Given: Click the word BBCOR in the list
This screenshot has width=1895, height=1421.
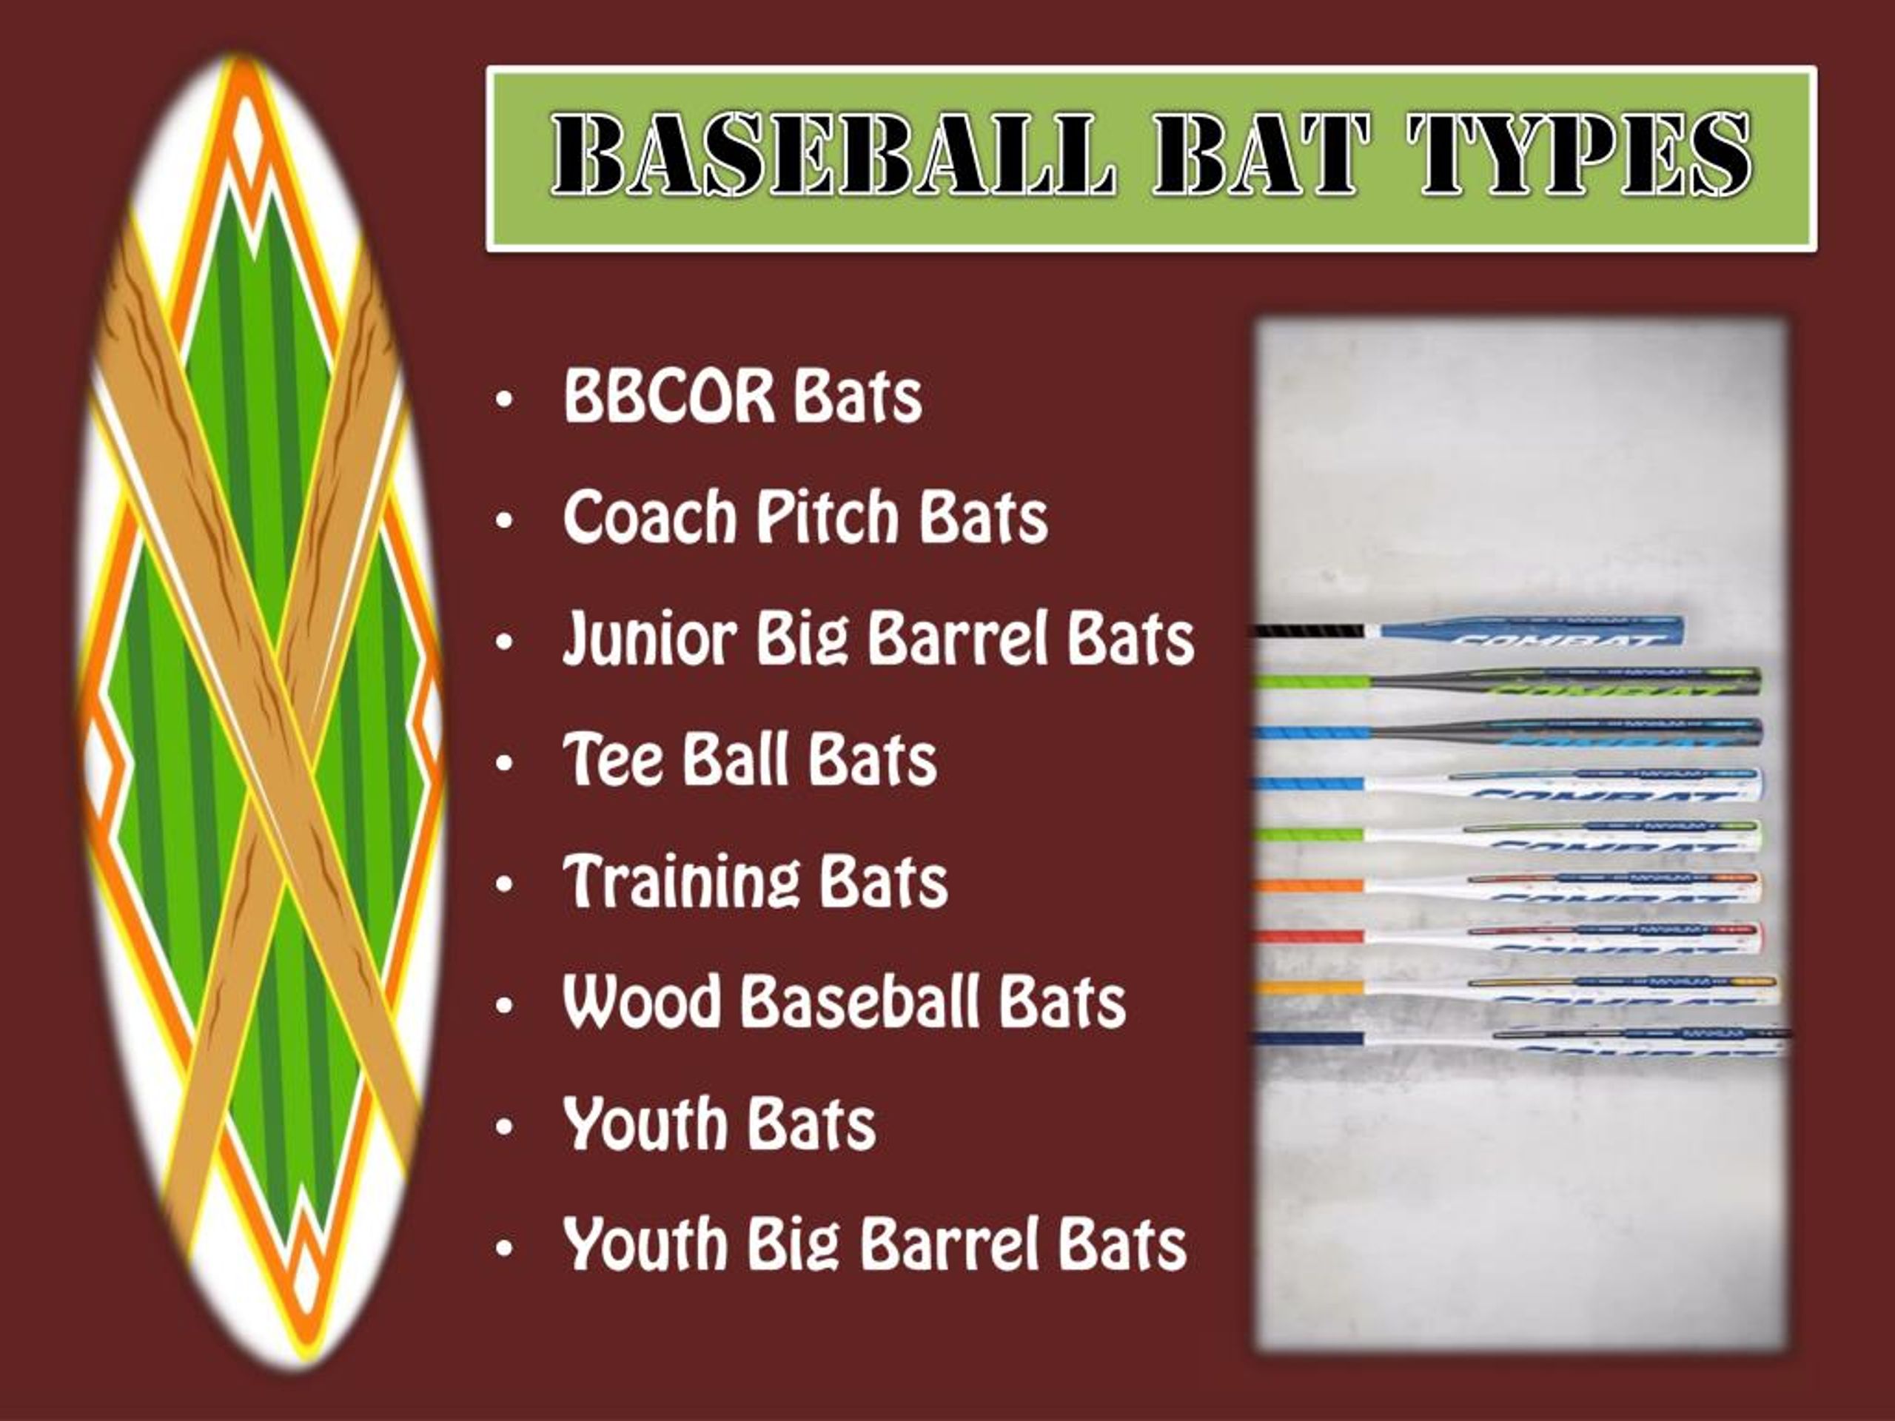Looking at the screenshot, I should [668, 397].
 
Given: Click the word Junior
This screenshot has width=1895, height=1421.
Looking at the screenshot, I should [649, 639].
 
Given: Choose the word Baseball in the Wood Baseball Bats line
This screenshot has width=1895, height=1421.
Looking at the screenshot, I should [859, 1001].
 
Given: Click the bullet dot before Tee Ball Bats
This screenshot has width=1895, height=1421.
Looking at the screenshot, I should [504, 762].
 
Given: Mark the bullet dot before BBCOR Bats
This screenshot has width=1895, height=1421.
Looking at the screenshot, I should [504, 399].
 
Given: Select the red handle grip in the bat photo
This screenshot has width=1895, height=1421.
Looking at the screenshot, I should [1311, 936].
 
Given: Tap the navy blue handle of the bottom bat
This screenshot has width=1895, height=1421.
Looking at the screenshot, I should [1311, 1039].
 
